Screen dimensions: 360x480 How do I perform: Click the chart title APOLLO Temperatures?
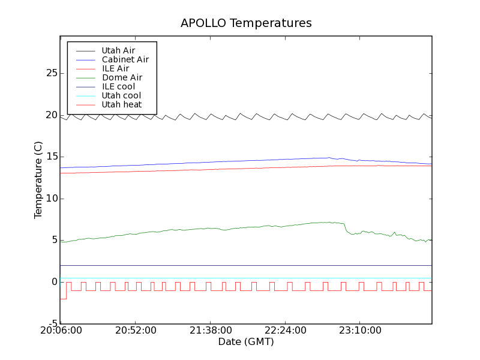[x=246, y=23]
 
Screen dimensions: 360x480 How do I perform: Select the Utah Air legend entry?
[x=118, y=50]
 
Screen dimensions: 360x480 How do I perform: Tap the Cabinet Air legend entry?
[x=125, y=59]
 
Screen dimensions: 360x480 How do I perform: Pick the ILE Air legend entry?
[x=115, y=68]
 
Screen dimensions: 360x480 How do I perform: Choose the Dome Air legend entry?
[x=122, y=77]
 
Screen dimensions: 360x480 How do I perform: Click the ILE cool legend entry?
[x=118, y=86]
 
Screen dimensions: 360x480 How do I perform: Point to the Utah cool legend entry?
[x=121, y=95]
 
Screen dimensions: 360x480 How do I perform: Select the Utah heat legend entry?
[x=122, y=104]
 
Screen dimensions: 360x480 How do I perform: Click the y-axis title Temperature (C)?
[x=38, y=180]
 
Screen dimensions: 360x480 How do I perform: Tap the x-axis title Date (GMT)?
[x=246, y=342]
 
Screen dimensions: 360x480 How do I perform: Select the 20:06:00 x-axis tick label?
[x=60, y=331]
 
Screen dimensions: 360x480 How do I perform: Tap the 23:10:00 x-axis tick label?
[x=359, y=331]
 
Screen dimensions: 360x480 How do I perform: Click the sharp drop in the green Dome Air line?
[x=346, y=228]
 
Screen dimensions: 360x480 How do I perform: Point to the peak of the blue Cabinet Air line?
[x=329, y=158]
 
